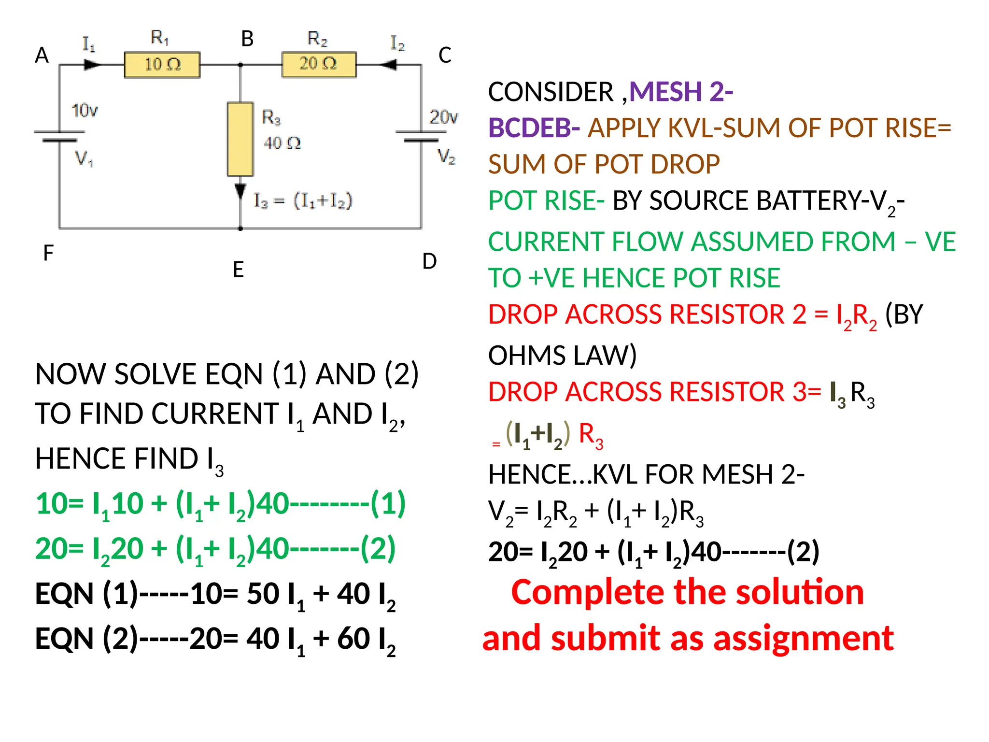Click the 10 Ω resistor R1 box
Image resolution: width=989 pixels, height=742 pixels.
click(x=162, y=65)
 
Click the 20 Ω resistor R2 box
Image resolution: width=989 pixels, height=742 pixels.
click(x=319, y=64)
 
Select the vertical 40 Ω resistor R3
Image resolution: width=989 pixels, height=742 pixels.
click(x=240, y=139)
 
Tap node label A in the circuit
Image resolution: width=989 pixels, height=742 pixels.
click(x=42, y=56)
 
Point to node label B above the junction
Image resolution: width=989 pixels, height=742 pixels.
click(x=247, y=39)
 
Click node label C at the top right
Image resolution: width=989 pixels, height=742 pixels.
click(x=445, y=56)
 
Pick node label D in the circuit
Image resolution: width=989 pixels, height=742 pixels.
click(x=429, y=261)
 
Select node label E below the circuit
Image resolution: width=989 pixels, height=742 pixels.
click(x=238, y=270)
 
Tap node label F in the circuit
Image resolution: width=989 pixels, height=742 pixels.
click(x=48, y=253)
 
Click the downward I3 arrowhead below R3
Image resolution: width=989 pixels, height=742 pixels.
click(x=240, y=191)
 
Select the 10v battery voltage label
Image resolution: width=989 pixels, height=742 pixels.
click(x=85, y=111)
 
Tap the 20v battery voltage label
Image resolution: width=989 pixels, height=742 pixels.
click(x=443, y=117)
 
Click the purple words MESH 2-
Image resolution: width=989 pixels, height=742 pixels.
click(x=681, y=92)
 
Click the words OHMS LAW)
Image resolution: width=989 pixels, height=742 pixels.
click(x=563, y=356)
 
